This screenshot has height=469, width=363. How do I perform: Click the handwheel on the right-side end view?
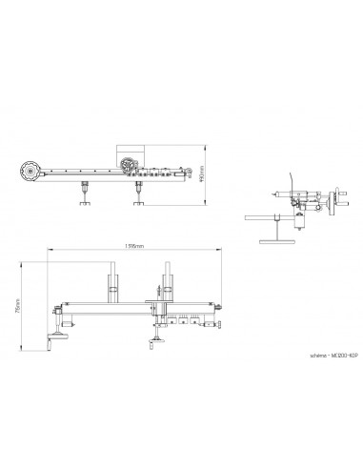click(331, 203)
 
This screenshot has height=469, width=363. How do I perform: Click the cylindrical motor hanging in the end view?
click(301, 222)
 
